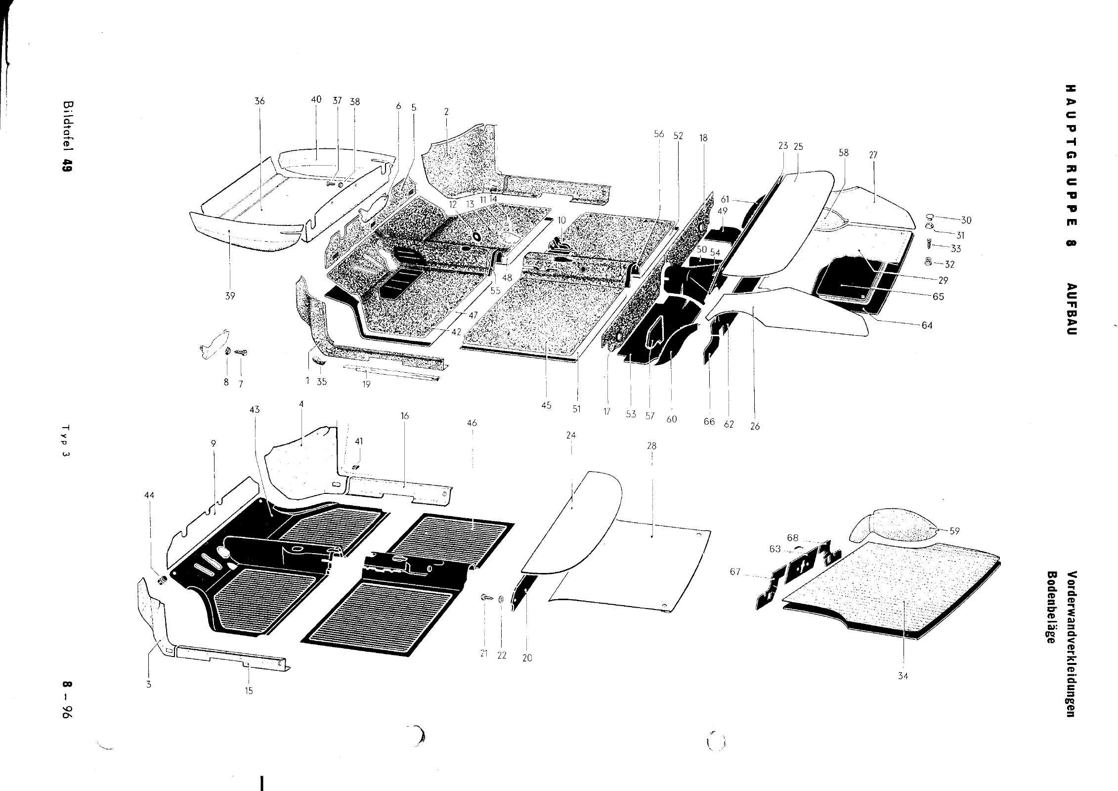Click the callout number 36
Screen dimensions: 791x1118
pyautogui.click(x=259, y=101)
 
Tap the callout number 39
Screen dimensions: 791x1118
pyautogui.click(x=230, y=296)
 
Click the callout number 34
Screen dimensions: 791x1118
pyautogui.click(x=903, y=676)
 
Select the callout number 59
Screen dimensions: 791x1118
pyautogui.click(x=954, y=531)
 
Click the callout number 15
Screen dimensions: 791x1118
pyautogui.click(x=249, y=691)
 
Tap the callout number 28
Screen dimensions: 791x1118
pyautogui.click(x=651, y=446)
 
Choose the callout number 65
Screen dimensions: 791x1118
pyautogui.click(x=938, y=297)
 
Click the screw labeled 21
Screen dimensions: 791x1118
pyautogui.click(x=484, y=598)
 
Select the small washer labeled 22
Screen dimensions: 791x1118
pyautogui.click(x=501, y=600)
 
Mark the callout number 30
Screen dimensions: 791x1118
pyautogui.click(x=966, y=220)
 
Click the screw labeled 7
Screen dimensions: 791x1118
pyautogui.click(x=242, y=352)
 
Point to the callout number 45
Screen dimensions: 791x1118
pyautogui.click(x=546, y=405)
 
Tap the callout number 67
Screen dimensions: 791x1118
pyautogui.click(x=735, y=572)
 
